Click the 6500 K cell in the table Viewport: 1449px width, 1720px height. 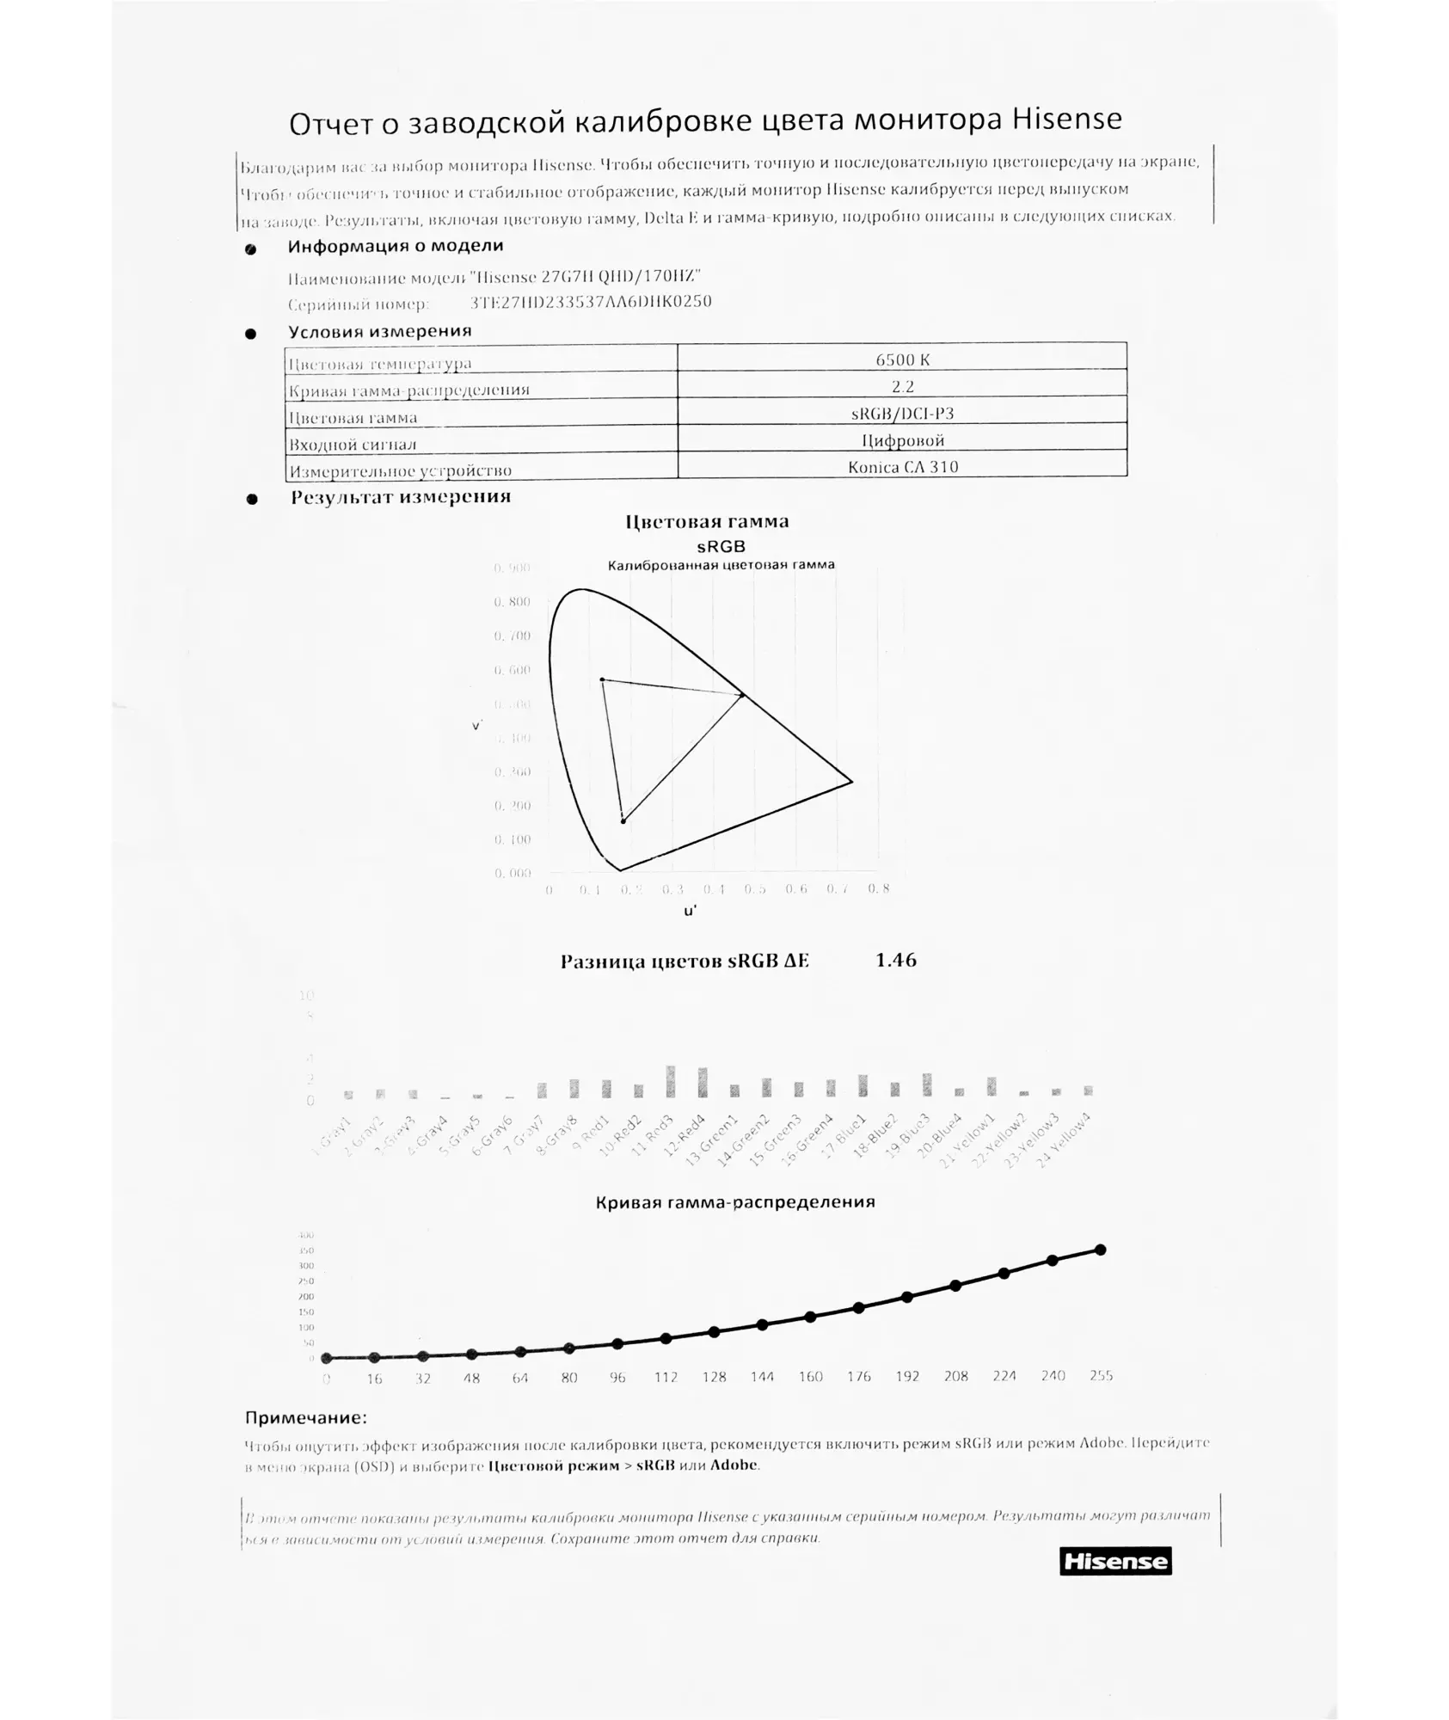[x=902, y=359]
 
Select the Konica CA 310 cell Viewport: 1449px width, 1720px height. [x=902, y=467]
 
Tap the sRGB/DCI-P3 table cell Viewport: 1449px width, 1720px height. [x=902, y=413]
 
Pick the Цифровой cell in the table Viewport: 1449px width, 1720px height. [x=902, y=440]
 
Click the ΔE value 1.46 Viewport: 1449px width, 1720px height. [x=895, y=960]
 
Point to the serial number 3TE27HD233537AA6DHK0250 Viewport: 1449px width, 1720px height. [x=591, y=302]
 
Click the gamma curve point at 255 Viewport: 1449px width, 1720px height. [x=1100, y=1250]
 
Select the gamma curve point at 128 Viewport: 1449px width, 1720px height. [x=714, y=1331]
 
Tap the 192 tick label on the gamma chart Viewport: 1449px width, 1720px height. [x=907, y=1376]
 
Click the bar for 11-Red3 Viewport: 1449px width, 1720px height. [x=671, y=1081]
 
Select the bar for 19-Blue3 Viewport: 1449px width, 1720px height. [x=927, y=1084]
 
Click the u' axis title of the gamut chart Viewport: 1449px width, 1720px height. [x=691, y=911]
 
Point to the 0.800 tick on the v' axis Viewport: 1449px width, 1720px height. [x=512, y=602]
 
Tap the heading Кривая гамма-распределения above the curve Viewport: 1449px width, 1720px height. [x=734, y=1201]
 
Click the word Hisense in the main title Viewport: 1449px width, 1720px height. [x=1065, y=119]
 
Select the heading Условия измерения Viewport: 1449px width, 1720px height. [x=379, y=331]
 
